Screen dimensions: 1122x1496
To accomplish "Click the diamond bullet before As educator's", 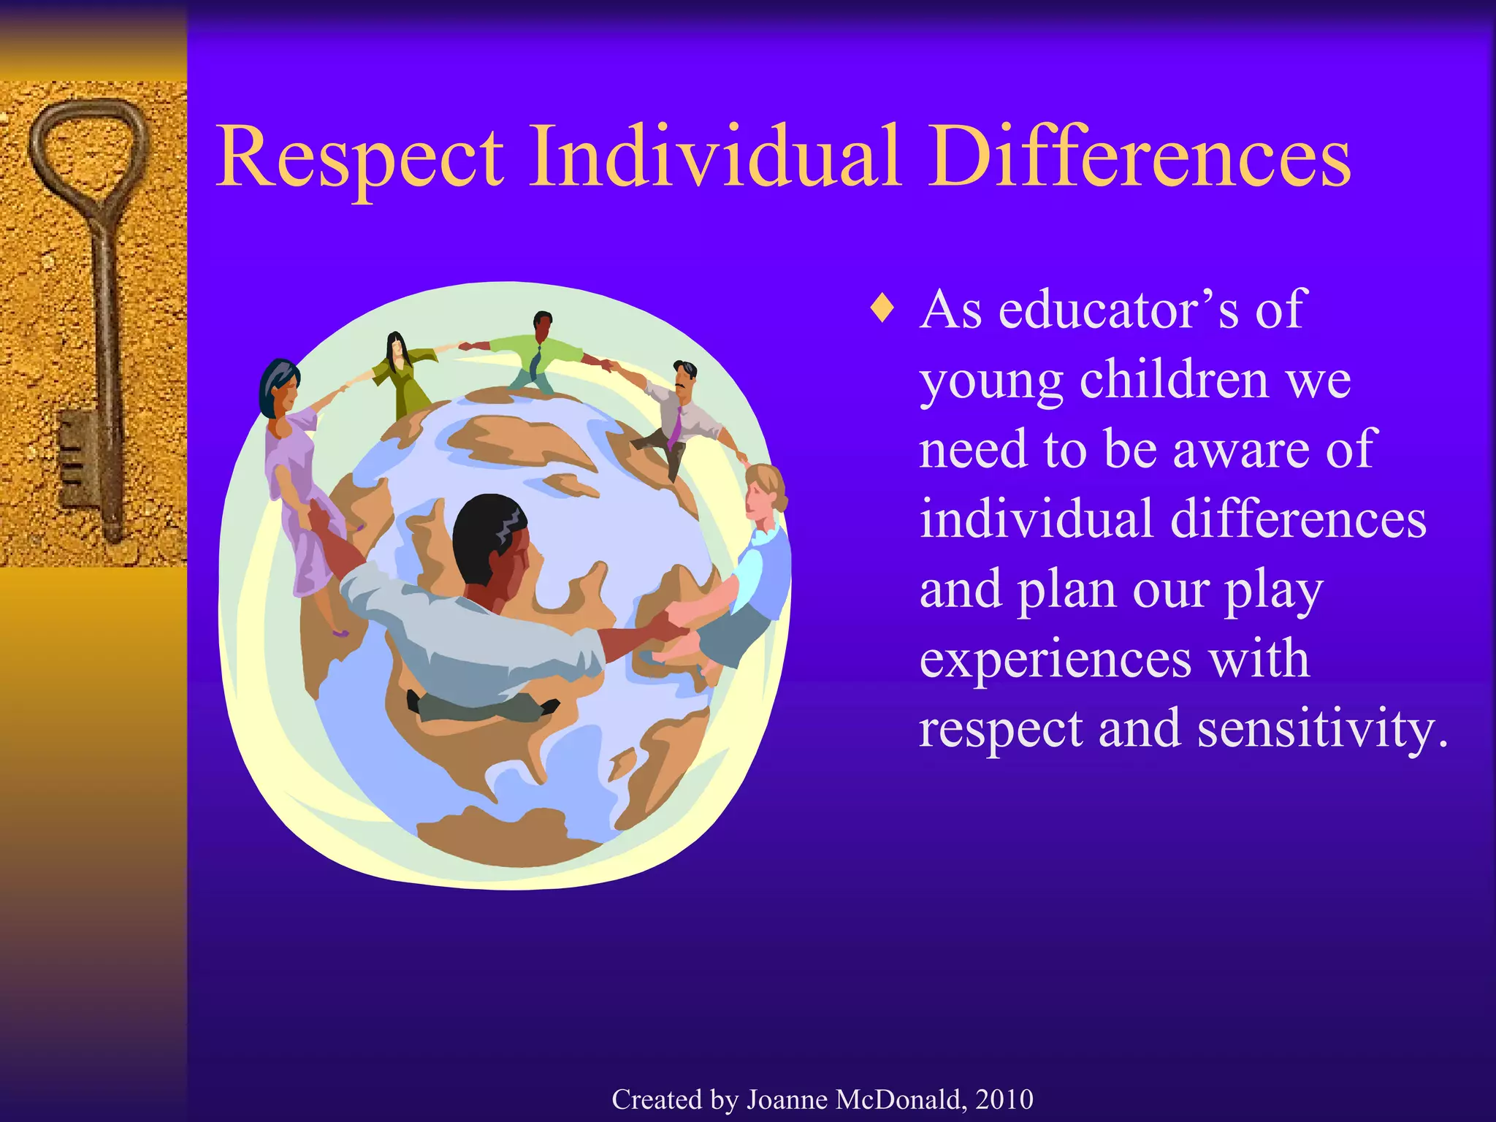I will pyautogui.click(x=883, y=309).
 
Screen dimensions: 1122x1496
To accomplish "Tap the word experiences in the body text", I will pyautogui.click(x=1056, y=659).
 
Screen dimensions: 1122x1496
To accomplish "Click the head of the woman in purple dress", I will pyautogui.click(x=280, y=387).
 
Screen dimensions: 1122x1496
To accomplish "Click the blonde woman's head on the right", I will pyautogui.click(x=764, y=491).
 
